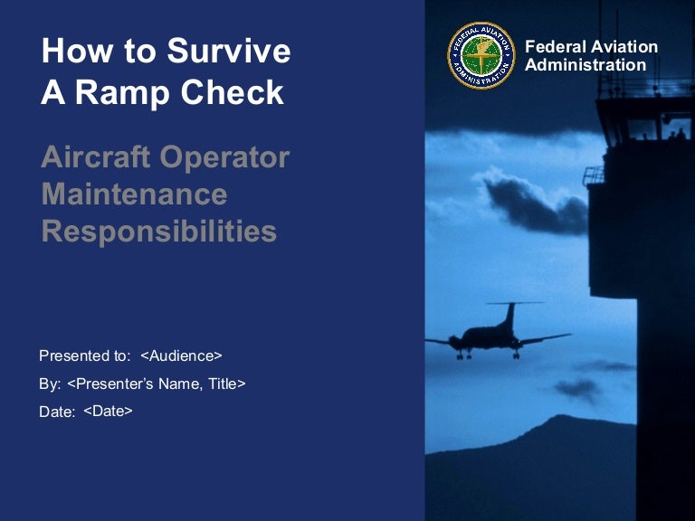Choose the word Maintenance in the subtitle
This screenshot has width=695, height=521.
click(134, 194)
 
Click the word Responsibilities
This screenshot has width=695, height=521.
click(158, 232)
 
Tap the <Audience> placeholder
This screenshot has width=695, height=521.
click(181, 355)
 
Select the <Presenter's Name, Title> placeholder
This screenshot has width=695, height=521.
click(156, 384)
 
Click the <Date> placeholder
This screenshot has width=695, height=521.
click(108, 411)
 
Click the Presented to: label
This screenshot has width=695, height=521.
click(85, 355)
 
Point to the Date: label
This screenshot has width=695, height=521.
click(57, 412)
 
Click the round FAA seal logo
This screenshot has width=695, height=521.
click(481, 55)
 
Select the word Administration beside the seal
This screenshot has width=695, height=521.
click(586, 65)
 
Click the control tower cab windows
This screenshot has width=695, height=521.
click(643, 124)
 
